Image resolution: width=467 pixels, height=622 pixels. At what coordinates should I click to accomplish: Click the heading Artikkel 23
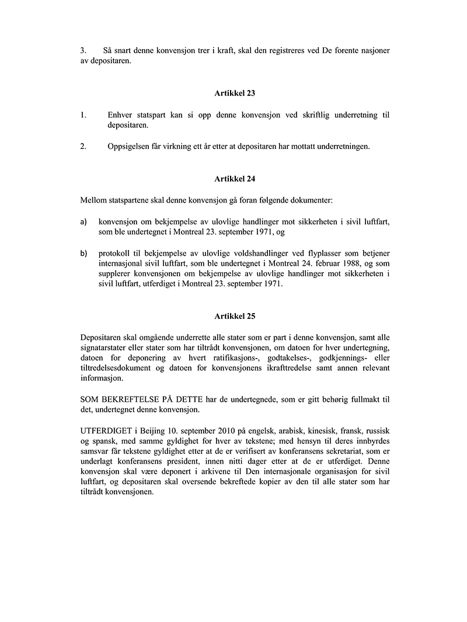pyautogui.click(x=234, y=92)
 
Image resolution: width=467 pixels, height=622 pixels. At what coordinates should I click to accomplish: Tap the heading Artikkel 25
pyautogui.click(x=234, y=315)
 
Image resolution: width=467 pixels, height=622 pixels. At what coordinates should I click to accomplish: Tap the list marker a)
pyautogui.click(x=84, y=223)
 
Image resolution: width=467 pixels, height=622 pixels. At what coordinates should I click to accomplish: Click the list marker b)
pyautogui.click(x=84, y=253)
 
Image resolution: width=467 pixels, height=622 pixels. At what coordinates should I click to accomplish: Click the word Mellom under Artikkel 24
pyautogui.click(x=93, y=201)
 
